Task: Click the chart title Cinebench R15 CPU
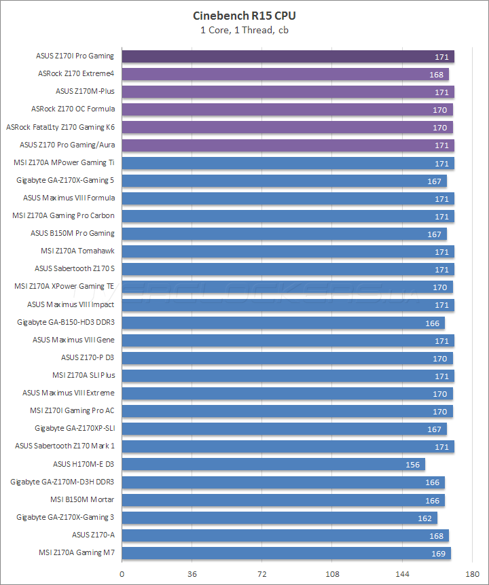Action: pos(244,15)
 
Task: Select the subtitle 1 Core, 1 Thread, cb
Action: pos(244,29)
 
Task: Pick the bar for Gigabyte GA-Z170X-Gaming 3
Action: pos(279,517)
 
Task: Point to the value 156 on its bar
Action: pos(412,465)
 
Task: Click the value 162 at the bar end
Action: pos(424,518)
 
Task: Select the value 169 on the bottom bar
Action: pos(438,553)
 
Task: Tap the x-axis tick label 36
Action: pos(192,573)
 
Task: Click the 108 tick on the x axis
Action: pos(331,573)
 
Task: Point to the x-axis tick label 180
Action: pos(471,573)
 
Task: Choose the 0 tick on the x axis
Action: pos(122,573)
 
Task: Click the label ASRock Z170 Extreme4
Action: pos(76,73)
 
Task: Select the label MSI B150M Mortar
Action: pos(82,499)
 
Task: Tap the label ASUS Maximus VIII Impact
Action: pos(71,304)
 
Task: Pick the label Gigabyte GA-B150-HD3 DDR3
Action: pos(66,322)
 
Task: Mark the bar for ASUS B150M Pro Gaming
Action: pos(284,234)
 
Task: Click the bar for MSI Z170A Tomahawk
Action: pos(287,251)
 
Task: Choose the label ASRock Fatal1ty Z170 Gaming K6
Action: pos(60,126)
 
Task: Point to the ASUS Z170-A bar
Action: pos(285,535)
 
